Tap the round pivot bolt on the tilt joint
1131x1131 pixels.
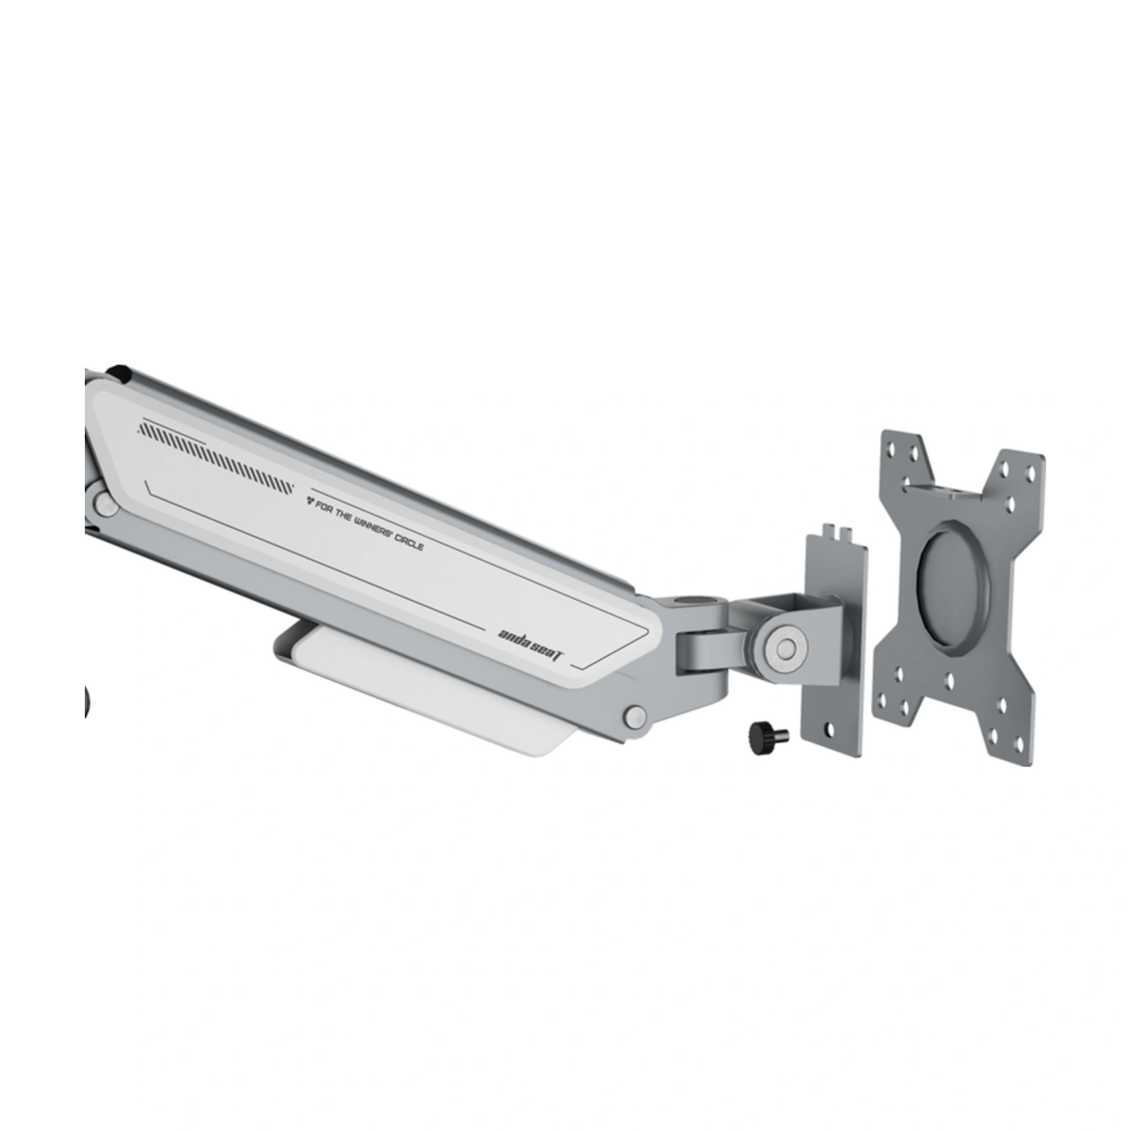coord(784,647)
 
